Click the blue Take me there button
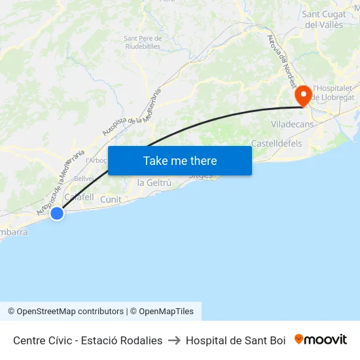[x=180, y=160]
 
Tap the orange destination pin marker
[x=303, y=96]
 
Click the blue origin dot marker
[x=57, y=213]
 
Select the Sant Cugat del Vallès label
[x=325, y=19]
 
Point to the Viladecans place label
[x=292, y=124]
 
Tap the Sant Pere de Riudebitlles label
[x=142, y=42]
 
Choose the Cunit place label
[x=111, y=199]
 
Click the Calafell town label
[x=79, y=197]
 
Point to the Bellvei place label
[x=84, y=178]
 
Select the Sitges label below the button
[x=200, y=176]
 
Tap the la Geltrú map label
[x=154, y=183]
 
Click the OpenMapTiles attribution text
[x=166, y=312]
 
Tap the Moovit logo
[x=321, y=340]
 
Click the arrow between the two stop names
[x=174, y=340]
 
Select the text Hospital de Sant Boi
[x=236, y=340]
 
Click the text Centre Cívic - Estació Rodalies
[x=88, y=340]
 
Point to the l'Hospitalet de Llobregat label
[x=333, y=92]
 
